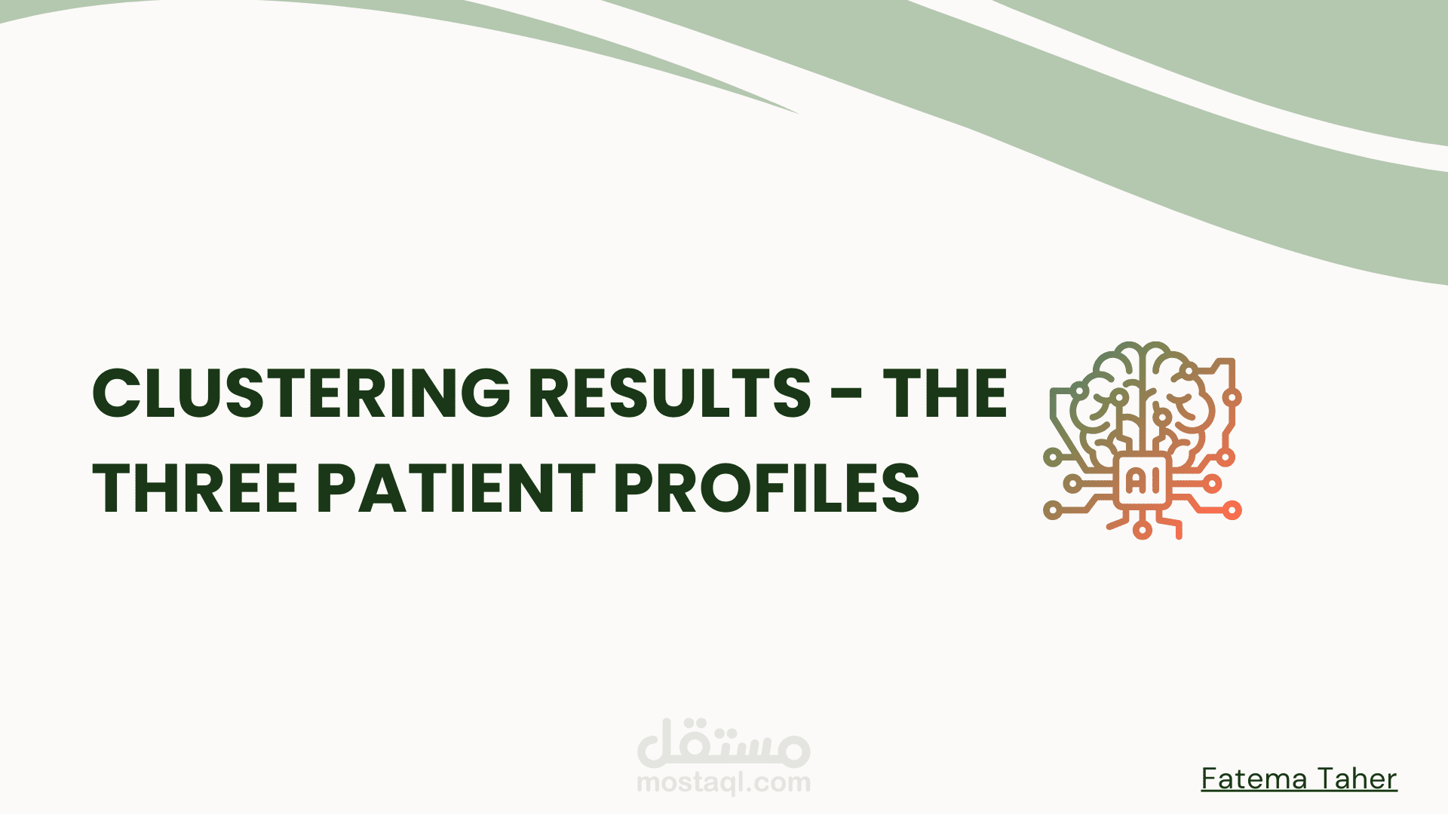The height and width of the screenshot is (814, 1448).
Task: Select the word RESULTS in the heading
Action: [x=670, y=393]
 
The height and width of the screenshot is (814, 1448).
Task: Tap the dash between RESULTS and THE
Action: [x=848, y=393]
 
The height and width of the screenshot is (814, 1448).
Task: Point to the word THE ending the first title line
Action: [x=945, y=393]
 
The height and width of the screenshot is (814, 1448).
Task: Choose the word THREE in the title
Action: [x=195, y=488]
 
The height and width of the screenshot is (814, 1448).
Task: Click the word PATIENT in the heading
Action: [x=456, y=488]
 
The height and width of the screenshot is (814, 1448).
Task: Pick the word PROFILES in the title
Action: [x=767, y=488]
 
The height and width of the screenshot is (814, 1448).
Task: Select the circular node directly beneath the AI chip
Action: [x=1143, y=531]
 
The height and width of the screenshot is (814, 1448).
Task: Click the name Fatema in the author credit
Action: [x=1245, y=779]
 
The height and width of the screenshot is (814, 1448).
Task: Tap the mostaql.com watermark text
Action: [x=724, y=783]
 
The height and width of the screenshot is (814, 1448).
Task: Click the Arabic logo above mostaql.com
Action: [x=724, y=742]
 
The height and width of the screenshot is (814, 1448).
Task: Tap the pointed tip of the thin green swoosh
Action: [x=798, y=113]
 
